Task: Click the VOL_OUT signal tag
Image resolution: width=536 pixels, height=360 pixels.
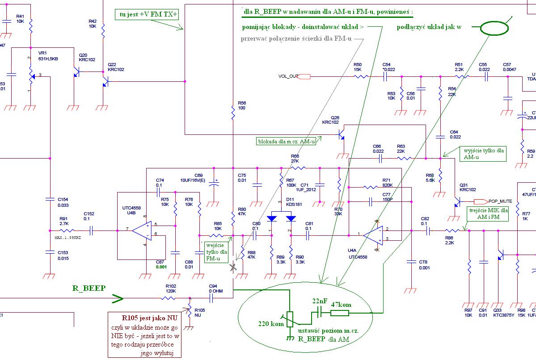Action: [x=304, y=76]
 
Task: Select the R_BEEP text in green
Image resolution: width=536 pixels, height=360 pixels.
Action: [x=89, y=288]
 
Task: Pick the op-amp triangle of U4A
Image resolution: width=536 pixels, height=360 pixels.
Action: [x=372, y=234]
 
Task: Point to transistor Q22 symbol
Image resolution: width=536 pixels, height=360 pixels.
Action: [x=105, y=82]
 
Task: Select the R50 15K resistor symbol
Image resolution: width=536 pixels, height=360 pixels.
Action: [x=361, y=76]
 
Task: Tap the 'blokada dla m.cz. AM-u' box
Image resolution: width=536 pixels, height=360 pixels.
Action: [x=286, y=141]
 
